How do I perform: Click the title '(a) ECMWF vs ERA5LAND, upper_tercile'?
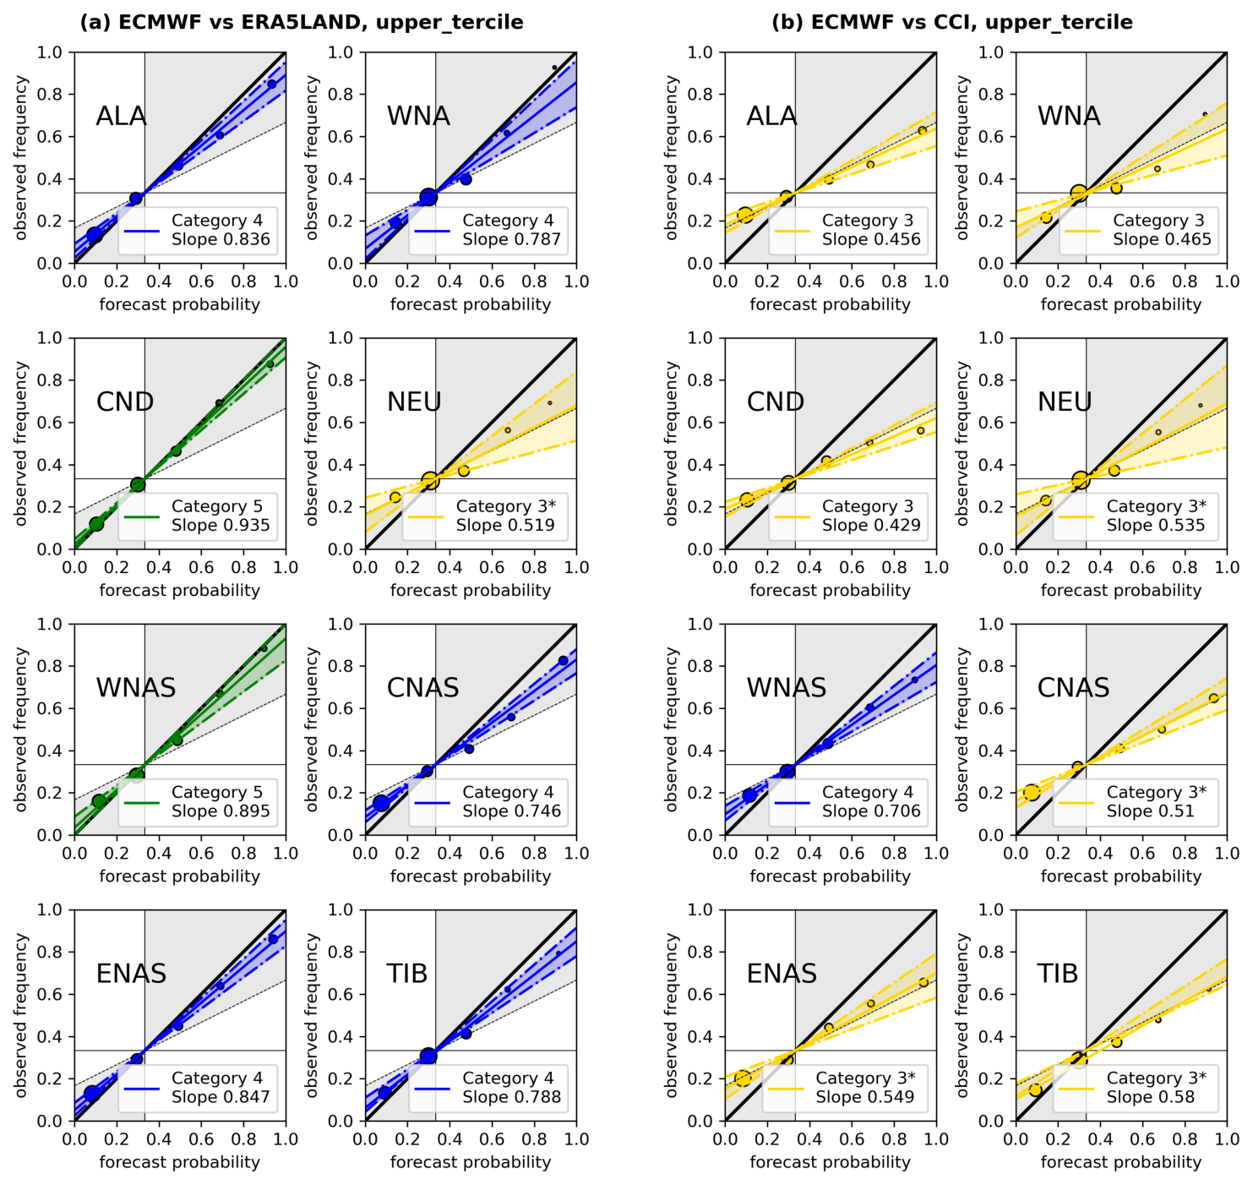[302, 22]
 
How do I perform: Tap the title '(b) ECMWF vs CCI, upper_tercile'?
[951, 22]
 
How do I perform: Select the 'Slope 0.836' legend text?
[221, 239]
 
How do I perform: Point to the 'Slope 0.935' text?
[221, 525]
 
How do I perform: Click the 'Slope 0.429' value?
[870, 525]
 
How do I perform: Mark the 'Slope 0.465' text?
[1162, 239]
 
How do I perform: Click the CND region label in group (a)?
[125, 401]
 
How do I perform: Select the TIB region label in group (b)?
[1057, 973]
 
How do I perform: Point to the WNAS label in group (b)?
[786, 687]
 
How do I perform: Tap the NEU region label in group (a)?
[414, 401]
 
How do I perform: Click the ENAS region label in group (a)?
[131, 973]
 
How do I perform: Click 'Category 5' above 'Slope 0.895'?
[216, 792]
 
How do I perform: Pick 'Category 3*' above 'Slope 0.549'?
[865, 1078]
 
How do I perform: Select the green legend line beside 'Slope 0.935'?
[141, 516]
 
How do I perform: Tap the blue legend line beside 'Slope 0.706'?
[792, 802]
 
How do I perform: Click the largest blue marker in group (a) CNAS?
[381, 803]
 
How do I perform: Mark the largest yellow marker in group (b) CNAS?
[1032, 792]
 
